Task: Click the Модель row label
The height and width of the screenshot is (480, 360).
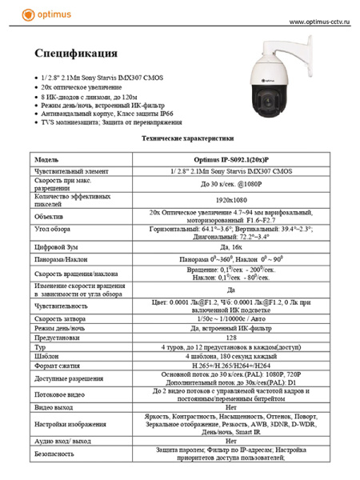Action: (50, 158)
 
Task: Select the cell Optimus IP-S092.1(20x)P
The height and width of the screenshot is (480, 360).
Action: (231, 158)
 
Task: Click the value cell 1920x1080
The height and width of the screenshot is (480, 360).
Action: (231, 198)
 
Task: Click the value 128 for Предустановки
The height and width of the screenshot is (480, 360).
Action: (231, 338)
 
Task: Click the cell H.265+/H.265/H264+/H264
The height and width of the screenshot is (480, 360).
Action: (231, 366)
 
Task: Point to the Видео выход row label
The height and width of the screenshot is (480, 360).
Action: (58, 407)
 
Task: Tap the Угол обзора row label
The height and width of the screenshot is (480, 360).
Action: (55, 231)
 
